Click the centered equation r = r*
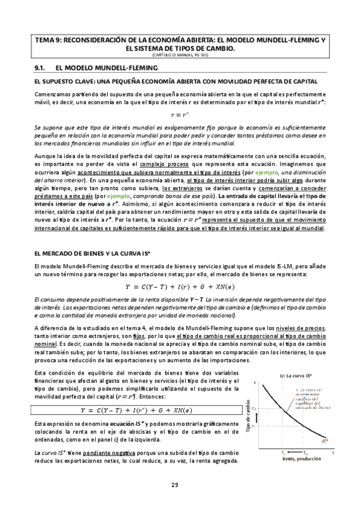(x=180, y=114)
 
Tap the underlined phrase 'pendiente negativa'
(x=112, y=452)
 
